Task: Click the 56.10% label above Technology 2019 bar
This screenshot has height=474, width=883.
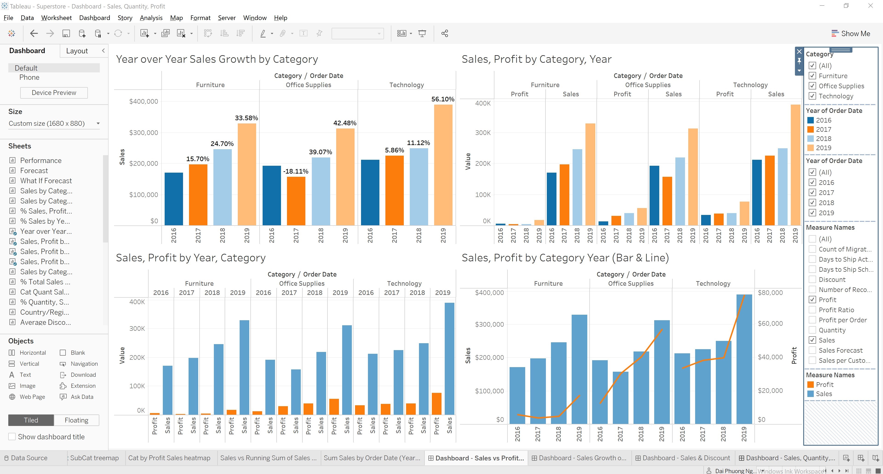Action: [442, 99]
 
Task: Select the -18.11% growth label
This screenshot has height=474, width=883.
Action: [295, 171]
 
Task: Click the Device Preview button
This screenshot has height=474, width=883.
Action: [54, 93]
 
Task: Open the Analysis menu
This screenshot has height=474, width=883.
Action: [151, 18]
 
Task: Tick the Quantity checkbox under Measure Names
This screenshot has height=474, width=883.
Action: [812, 330]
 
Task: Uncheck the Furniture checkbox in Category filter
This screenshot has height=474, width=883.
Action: [812, 76]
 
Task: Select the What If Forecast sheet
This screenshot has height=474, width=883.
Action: [46, 181]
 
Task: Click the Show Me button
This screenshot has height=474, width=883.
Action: [851, 34]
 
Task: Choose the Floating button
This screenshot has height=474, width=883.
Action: [76, 420]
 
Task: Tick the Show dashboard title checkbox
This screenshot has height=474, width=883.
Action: [12, 437]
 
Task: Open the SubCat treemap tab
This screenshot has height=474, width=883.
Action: [94, 458]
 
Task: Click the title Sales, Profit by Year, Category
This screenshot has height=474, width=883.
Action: [191, 258]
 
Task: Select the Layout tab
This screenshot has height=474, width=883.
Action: [77, 51]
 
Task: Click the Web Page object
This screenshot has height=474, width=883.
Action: [32, 397]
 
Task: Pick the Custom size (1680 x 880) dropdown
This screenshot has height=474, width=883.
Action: [54, 123]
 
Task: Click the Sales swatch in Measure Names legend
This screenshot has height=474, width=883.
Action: [810, 394]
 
